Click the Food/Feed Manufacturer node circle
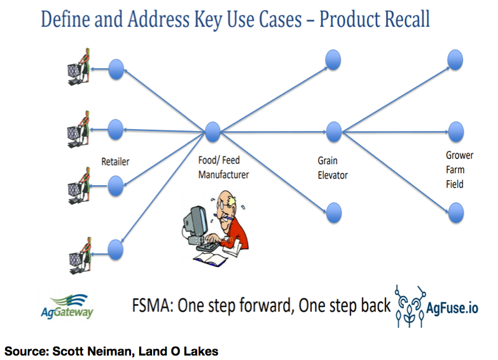[212, 132]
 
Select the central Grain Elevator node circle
[334, 132]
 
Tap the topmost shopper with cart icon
[79, 67]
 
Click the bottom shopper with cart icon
[81, 256]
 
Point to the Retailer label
[115, 162]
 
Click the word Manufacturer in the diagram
[224, 175]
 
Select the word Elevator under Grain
[333, 175]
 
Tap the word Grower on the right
[460, 155]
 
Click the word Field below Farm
[455, 184]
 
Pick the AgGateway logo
[67, 307]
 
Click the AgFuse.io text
[452, 308]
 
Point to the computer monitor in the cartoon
[196, 221]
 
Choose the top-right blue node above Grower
[455, 60]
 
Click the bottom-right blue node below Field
[456, 212]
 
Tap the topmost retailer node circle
[116, 69]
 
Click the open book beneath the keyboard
[211, 259]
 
